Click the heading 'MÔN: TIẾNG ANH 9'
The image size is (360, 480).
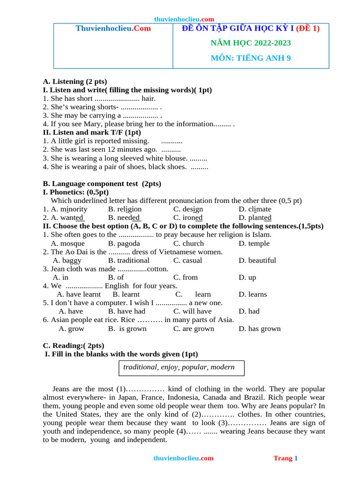coord(250,58)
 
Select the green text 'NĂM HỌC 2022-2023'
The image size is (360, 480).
coord(250,43)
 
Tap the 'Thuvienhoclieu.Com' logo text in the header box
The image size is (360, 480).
coord(113,29)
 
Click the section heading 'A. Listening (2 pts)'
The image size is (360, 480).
coord(75,82)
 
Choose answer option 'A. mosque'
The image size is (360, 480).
coord(67,243)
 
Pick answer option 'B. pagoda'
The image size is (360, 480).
coord(124,243)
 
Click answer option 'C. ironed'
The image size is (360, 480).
coord(187,217)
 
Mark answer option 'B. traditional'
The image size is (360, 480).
coord(128,260)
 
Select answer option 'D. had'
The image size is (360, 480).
coord(248,311)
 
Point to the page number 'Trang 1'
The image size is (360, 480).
coord(285,458)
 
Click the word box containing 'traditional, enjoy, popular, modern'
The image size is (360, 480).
coord(181,367)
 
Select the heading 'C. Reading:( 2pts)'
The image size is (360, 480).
coord(74,345)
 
